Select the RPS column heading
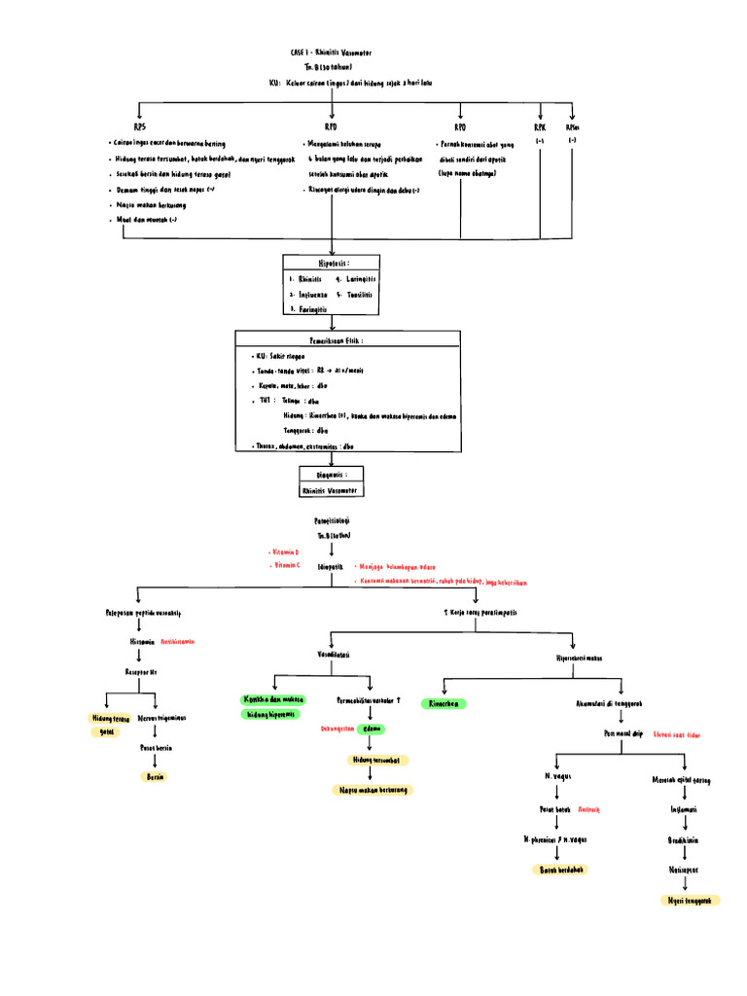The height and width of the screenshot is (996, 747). pos(139,127)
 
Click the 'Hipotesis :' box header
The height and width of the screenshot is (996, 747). pos(332,263)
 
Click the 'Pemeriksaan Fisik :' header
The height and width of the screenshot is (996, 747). pos(346,341)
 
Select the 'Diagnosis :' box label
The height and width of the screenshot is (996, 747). pos(333,475)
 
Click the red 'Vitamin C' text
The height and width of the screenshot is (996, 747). pos(287,565)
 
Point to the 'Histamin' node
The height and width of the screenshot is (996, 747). pos(142,642)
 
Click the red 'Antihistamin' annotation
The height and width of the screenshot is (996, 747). pos(178,642)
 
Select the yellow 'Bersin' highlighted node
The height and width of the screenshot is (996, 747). pos(154,777)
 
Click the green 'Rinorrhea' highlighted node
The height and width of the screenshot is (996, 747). pos(442,703)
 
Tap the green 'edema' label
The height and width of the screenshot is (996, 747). pos(371,729)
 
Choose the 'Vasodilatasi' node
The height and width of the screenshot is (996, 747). pos(334,656)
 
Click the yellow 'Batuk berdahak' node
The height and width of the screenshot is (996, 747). pos(565,869)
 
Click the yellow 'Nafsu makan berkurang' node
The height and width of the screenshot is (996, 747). pos(372,790)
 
